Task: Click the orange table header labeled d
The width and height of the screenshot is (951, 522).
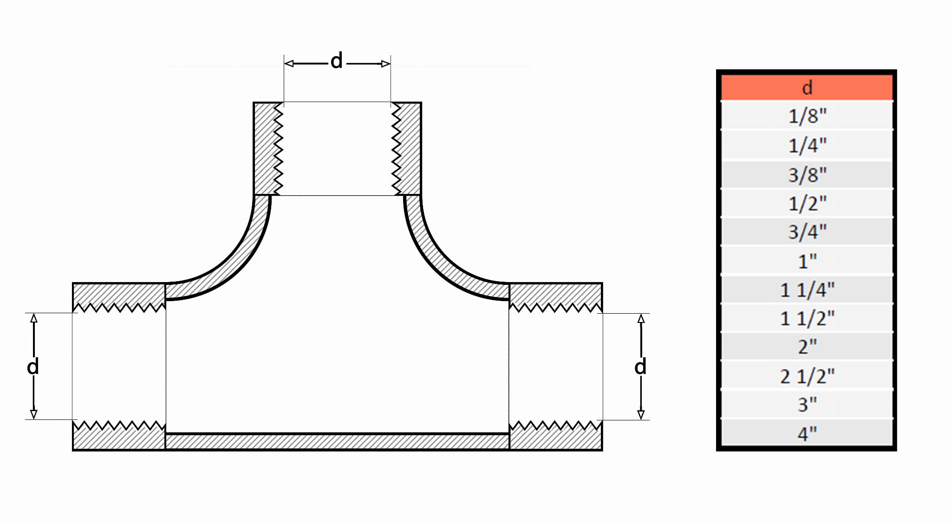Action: click(807, 87)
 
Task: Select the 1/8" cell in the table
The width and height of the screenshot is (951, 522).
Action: click(807, 116)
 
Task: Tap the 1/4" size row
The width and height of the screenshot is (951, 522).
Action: click(807, 145)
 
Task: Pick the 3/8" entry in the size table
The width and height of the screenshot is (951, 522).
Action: click(807, 174)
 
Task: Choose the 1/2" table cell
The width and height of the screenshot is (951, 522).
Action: click(807, 203)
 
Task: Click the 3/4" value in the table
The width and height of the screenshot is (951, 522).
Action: click(807, 232)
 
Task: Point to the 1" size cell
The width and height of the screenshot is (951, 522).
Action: click(807, 261)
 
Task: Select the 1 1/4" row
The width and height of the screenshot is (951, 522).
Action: click(807, 290)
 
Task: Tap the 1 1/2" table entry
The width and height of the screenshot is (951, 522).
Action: click(807, 318)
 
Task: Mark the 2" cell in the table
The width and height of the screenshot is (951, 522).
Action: click(807, 347)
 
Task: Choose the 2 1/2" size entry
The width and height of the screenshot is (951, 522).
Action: click(807, 375)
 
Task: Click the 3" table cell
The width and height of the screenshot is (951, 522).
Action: click(807, 404)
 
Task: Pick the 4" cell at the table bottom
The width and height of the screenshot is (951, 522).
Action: click(807, 433)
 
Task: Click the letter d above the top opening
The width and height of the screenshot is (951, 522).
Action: click(337, 61)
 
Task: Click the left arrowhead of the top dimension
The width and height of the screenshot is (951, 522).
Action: click(288, 64)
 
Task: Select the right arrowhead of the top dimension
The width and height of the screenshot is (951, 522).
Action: click(386, 64)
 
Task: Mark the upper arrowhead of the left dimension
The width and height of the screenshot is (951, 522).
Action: click(33, 318)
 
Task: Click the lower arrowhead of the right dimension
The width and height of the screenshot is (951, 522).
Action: click(641, 415)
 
